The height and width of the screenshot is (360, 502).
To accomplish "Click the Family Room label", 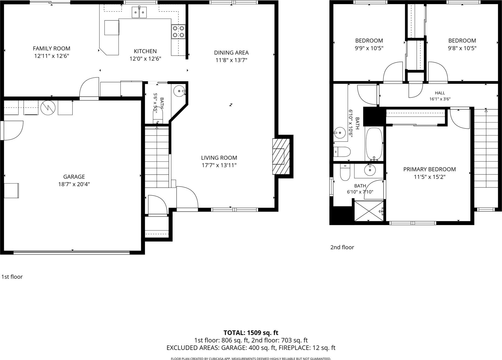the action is pos(52,49).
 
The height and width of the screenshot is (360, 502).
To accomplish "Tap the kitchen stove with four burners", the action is pos(178,32).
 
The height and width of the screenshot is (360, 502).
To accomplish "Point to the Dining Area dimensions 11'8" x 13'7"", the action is pos(231,60).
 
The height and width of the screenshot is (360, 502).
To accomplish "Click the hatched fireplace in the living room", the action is pos(281,156).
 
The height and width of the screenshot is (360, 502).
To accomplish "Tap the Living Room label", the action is pos(219,158).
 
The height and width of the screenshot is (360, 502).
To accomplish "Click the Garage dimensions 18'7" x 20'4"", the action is pos(74,184).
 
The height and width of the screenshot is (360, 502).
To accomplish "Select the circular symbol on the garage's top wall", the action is pos(48,108).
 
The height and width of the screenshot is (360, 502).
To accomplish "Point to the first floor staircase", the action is pos(157,157).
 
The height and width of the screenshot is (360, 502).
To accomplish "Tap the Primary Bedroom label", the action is pos(430,169).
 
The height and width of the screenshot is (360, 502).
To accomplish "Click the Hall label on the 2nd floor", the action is pos(440,93).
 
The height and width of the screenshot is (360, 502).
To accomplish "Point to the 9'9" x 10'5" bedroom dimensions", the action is pos(369,48).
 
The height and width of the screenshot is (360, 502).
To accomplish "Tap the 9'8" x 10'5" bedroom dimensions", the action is pos(462,48).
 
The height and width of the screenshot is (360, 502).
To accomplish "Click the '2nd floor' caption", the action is pos(342,247).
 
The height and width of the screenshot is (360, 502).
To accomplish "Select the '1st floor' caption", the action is pos(12,277).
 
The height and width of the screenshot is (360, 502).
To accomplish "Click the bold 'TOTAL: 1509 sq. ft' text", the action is pos(251,333).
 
